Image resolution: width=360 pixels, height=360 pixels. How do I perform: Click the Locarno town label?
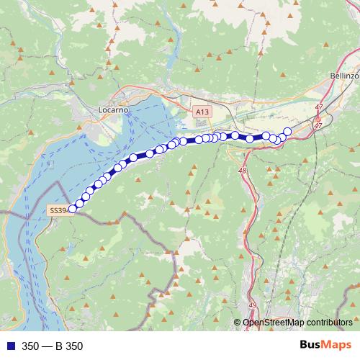click(113, 109)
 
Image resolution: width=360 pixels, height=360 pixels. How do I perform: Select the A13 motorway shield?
click(202, 112)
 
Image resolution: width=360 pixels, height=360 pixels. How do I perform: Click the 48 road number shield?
click(242, 171)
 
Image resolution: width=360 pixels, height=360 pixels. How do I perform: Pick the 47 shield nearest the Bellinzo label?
click(319, 107)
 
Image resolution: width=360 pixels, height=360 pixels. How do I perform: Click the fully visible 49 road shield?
click(253, 305)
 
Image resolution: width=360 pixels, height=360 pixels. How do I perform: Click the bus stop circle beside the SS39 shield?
click(72, 210)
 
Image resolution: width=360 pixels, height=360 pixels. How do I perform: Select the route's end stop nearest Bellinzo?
click(287, 131)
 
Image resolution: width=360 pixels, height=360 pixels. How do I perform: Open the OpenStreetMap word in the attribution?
click(272, 323)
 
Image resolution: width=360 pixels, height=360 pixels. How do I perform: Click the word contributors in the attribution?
click(328, 323)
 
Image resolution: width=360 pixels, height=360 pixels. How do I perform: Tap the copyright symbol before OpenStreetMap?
click(238, 323)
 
